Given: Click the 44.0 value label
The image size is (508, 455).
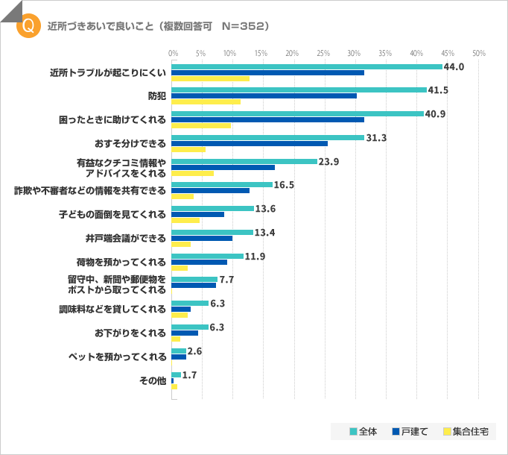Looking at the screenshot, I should (x=454, y=66).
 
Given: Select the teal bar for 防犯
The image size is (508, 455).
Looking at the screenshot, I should (x=299, y=90).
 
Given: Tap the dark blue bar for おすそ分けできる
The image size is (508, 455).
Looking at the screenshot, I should (x=250, y=143).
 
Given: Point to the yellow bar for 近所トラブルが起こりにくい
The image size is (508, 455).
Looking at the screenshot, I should (x=210, y=78).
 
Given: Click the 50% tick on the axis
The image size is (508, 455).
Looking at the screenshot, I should (x=478, y=54).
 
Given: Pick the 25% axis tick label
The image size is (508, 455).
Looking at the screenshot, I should (x=323, y=54).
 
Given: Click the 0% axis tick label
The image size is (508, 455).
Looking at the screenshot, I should (x=173, y=54).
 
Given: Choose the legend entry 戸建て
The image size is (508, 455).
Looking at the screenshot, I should (x=410, y=431).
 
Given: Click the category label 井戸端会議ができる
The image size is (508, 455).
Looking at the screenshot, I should (x=126, y=238).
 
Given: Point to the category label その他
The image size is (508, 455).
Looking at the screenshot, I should (x=153, y=380).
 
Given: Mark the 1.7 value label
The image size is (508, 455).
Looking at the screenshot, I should (x=189, y=374).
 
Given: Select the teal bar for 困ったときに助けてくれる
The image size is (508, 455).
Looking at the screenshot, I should (x=297, y=113).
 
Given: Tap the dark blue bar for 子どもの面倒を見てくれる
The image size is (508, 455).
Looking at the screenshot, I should (x=197, y=215).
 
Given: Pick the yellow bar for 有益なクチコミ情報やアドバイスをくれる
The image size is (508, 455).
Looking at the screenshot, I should (x=192, y=173).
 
